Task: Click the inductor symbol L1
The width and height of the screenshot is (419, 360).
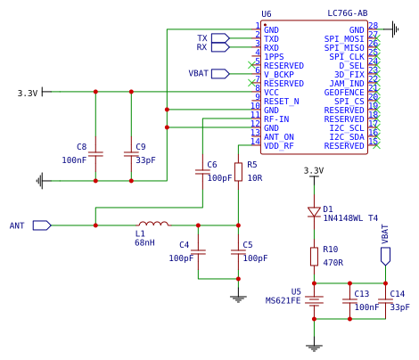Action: [x=153, y=224]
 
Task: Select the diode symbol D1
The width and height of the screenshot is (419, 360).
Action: [x=314, y=212]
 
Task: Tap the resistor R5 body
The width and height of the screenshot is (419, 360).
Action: [x=238, y=172]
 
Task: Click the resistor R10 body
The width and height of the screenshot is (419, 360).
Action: [x=314, y=257]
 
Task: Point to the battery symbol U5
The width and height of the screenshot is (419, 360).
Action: [x=314, y=301]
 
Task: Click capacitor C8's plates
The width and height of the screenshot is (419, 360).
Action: [x=95, y=154]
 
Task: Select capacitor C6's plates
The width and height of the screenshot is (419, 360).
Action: [x=202, y=172]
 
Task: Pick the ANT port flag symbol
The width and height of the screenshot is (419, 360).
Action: [x=42, y=225]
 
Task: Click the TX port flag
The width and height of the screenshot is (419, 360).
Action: [x=220, y=38]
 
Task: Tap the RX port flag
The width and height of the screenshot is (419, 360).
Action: [x=220, y=47]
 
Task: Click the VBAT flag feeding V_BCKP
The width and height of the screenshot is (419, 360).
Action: [x=220, y=74]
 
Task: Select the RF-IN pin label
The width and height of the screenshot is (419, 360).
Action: [x=276, y=119]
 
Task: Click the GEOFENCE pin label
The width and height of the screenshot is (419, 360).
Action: [x=344, y=93]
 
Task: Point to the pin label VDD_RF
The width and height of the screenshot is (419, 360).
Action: [x=279, y=146]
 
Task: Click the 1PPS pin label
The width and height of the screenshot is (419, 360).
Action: [x=274, y=57]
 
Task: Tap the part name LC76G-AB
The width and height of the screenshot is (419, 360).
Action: [x=348, y=13]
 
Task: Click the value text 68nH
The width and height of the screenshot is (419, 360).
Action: [x=144, y=242]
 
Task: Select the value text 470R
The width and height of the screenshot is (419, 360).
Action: [x=333, y=263]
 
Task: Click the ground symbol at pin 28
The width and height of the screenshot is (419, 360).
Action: [x=395, y=29]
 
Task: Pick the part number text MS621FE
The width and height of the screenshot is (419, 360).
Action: [x=283, y=300]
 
